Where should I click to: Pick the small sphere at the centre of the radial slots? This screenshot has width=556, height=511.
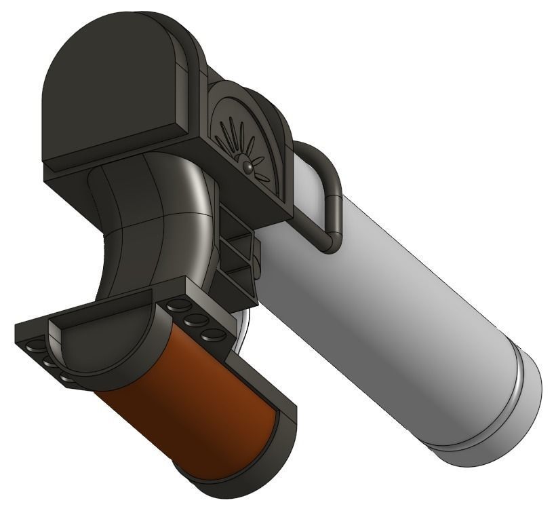click(x=249, y=165)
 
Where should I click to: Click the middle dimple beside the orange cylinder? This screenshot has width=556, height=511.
click(x=196, y=320)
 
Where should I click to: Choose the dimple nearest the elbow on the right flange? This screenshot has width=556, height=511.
click(x=178, y=305)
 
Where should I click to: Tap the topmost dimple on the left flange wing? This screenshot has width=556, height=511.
click(x=31, y=347)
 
